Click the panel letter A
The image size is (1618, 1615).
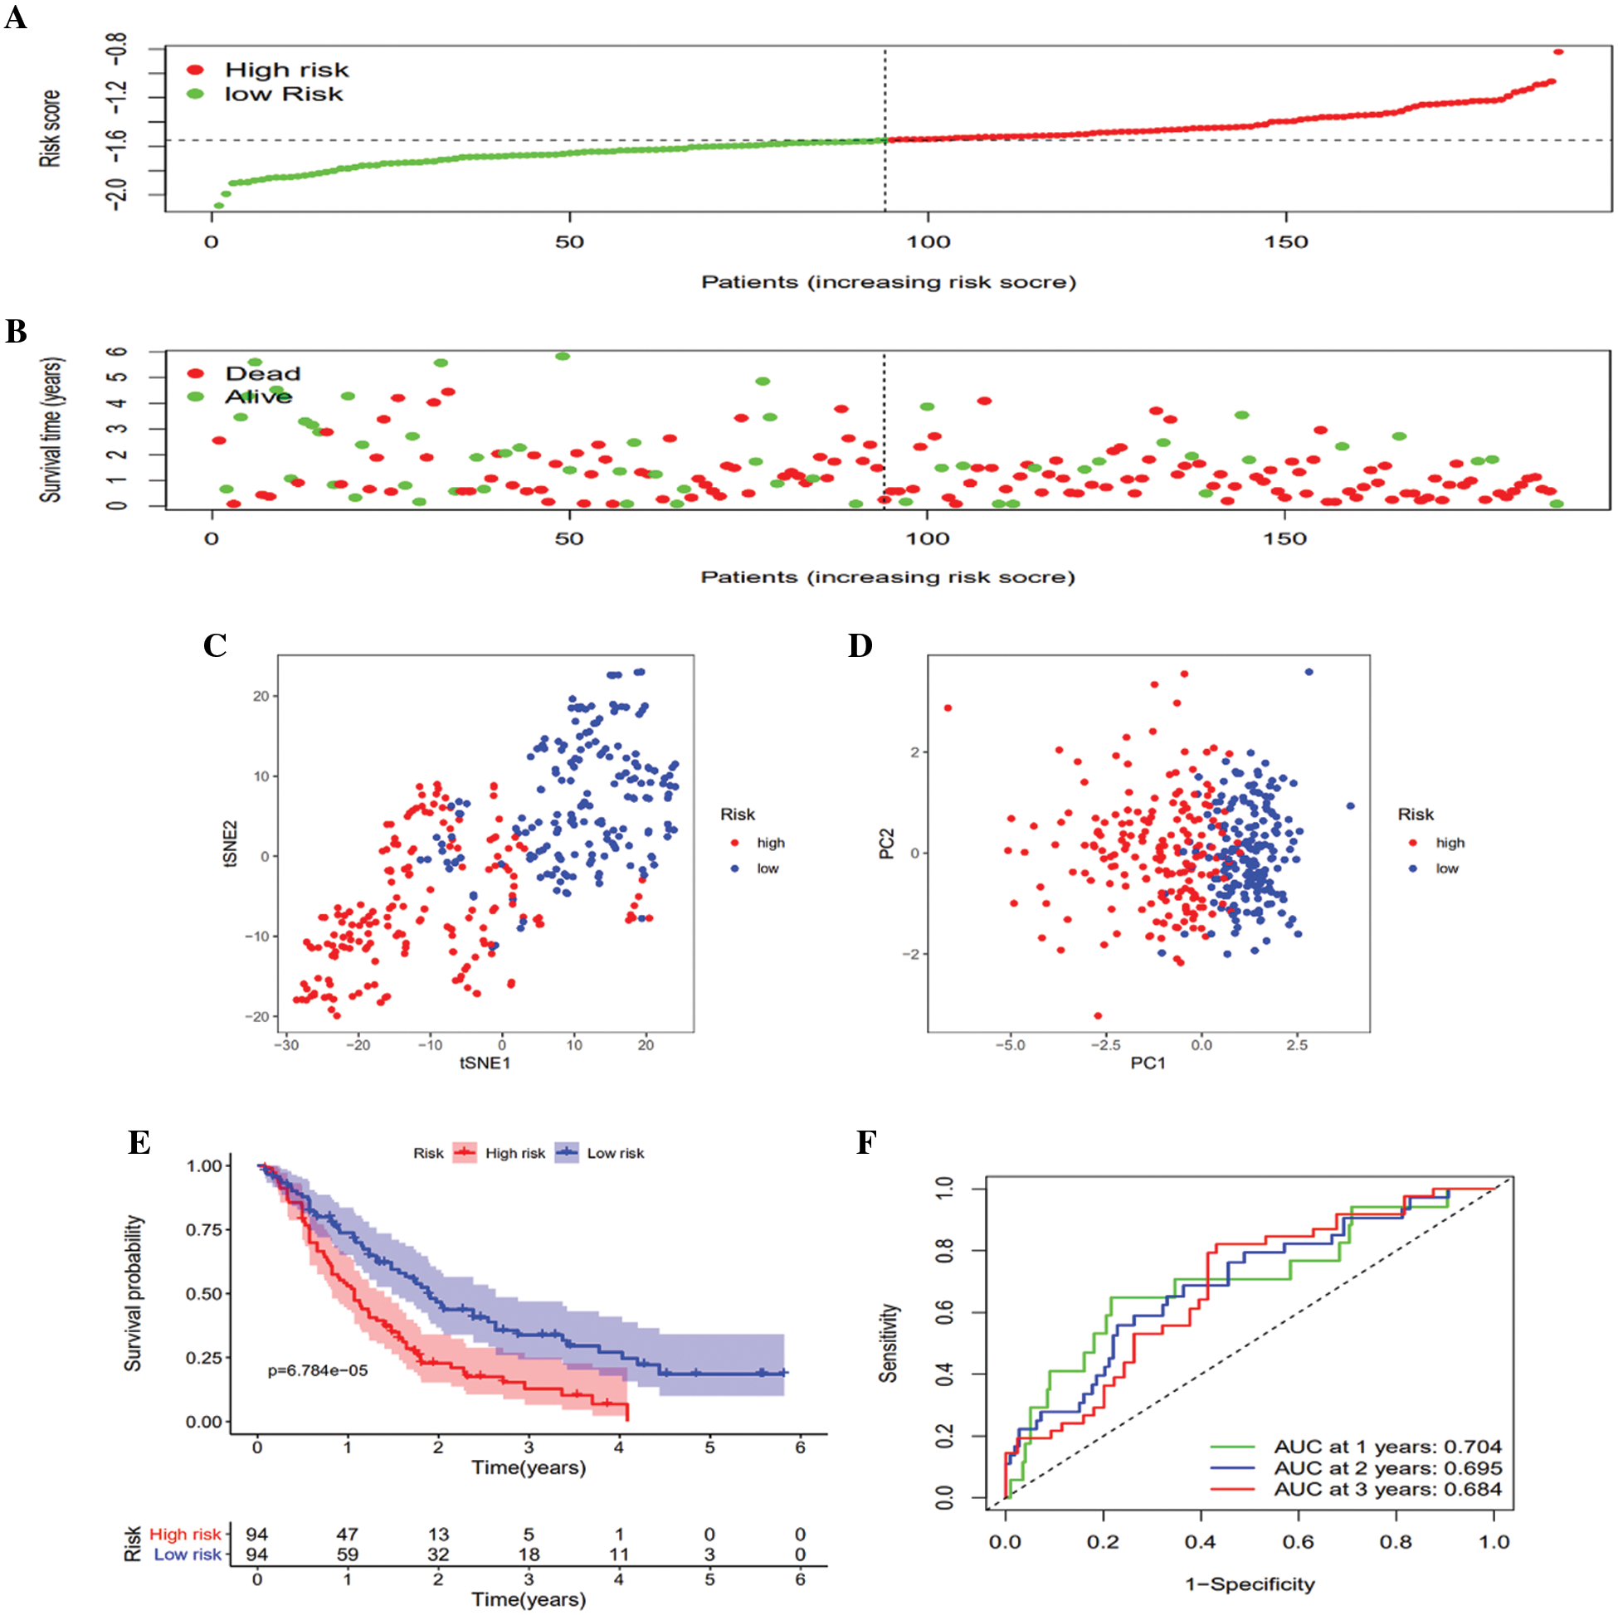coord(16,17)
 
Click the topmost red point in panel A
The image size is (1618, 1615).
coord(1557,52)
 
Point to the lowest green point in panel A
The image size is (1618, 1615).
coord(218,205)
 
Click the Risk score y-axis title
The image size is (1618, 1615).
coord(51,128)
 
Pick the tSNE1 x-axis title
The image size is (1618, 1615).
coord(484,1063)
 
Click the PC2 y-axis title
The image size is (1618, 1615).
coord(887,843)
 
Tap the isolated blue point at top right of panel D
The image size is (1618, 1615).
coord(1309,672)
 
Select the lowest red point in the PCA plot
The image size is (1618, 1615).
coord(1098,1015)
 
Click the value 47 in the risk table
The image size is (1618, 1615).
coord(347,1535)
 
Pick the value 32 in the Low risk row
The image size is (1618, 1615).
coord(438,1554)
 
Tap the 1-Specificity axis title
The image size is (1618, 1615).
coord(1250,1584)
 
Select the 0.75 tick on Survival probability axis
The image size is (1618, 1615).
coord(203,1230)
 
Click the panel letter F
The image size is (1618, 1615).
coord(866,1143)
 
